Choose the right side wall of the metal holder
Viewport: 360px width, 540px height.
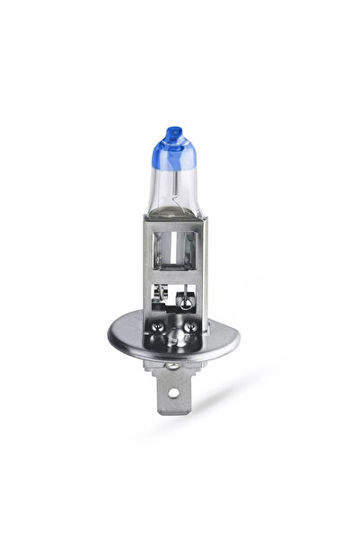[203, 270]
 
